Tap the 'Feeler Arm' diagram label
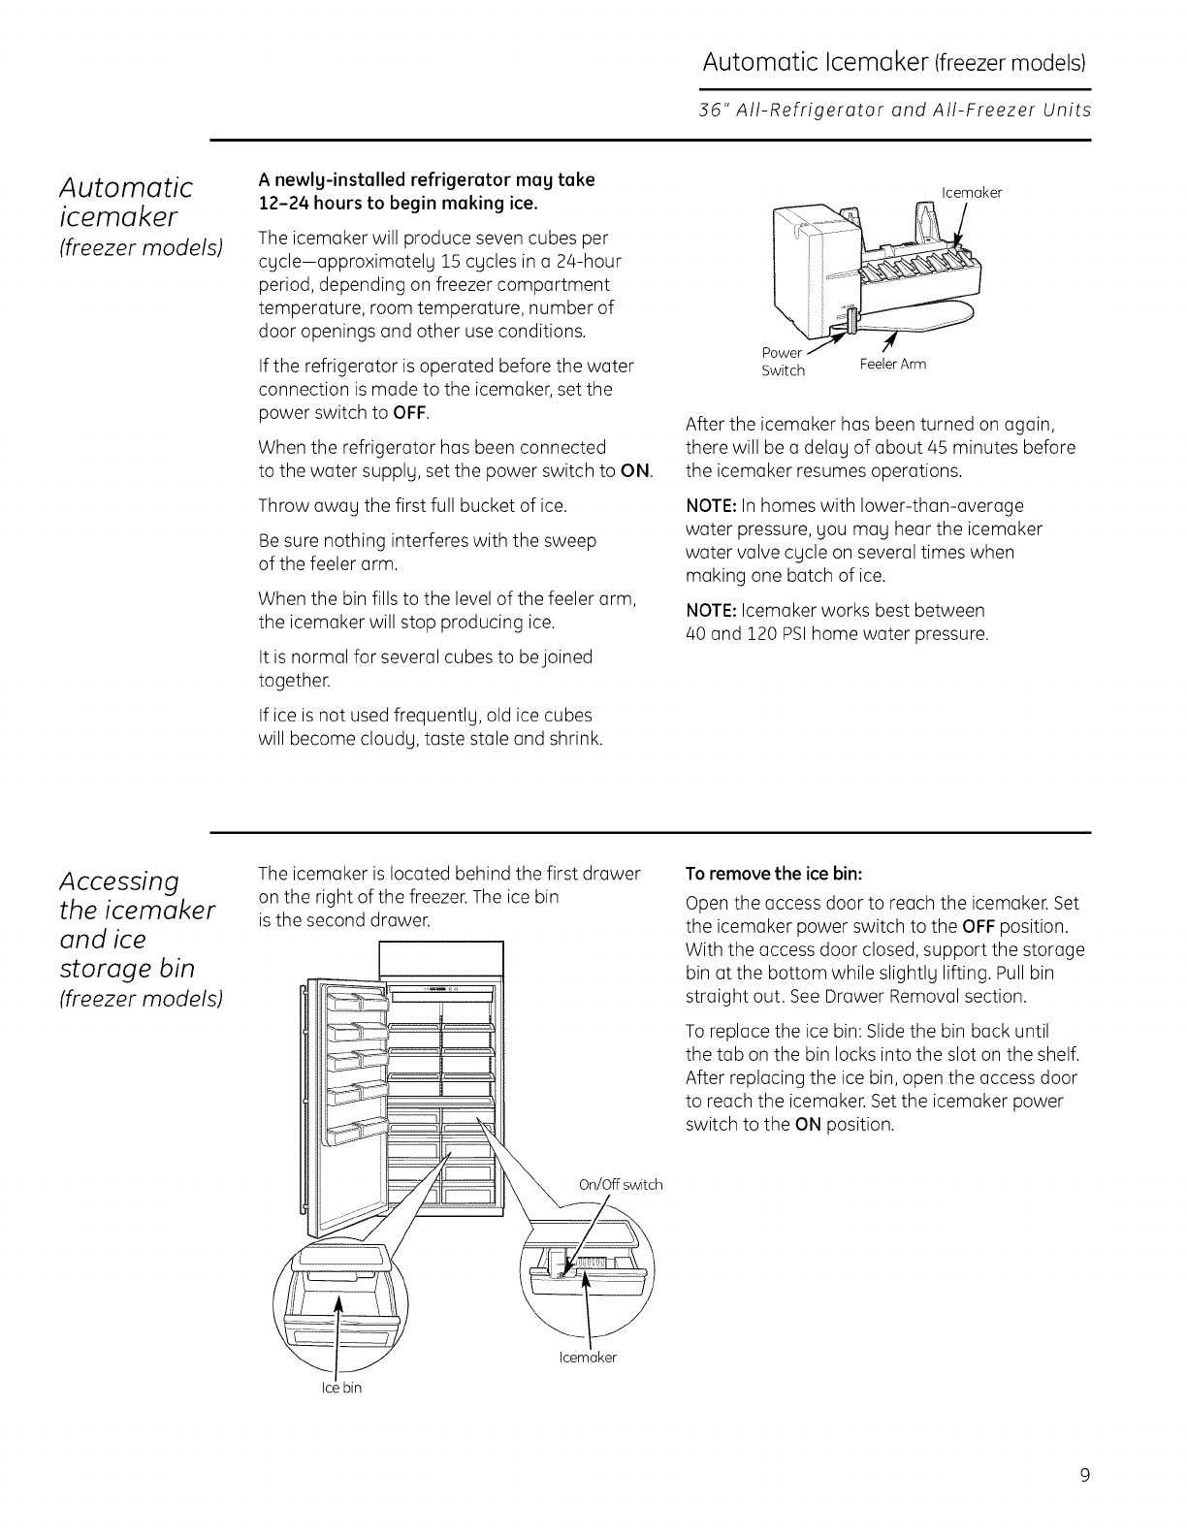(x=893, y=365)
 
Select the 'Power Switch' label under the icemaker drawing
(x=783, y=362)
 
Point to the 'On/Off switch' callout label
(x=620, y=1184)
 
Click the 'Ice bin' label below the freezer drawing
(x=341, y=1388)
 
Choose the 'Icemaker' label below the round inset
(x=588, y=1358)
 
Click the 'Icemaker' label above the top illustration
(x=972, y=192)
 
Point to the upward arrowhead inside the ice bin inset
(x=338, y=1300)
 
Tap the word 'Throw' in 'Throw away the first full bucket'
(x=282, y=506)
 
